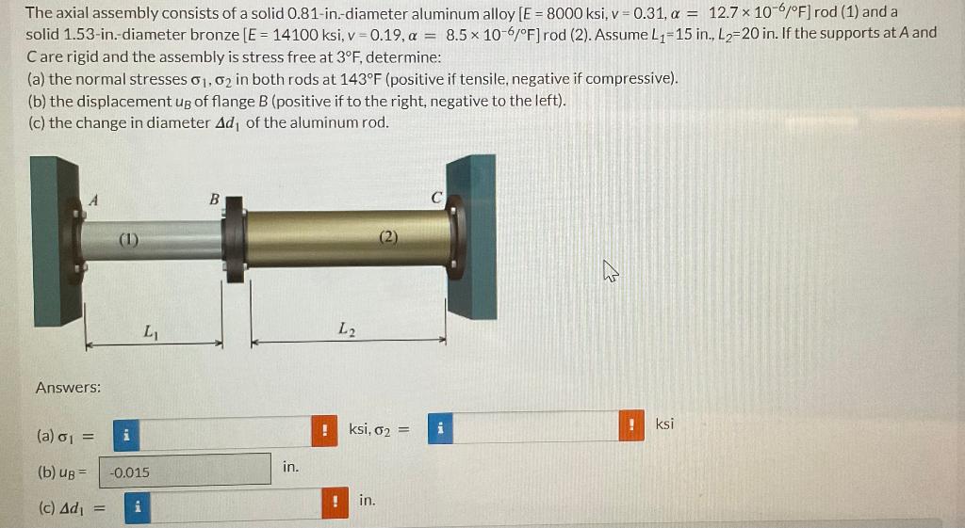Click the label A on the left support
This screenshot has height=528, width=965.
point(93,199)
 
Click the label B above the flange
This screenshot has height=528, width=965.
point(214,199)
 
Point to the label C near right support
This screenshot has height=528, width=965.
point(436,199)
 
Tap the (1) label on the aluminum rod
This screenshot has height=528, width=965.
point(129,239)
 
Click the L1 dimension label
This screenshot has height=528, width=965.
point(150,330)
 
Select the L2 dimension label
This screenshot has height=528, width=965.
point(345,329)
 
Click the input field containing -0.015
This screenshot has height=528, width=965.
point(185,472)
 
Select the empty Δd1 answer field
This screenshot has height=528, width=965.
point(235,506)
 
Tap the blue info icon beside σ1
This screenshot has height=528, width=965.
point(126,435)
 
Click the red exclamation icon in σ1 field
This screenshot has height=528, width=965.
point(323,432)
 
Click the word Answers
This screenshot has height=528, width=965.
point(68,388)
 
